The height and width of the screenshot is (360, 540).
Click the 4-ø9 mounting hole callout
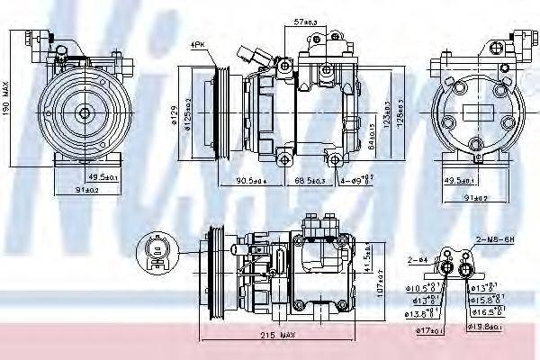click(x=356, y=182)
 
